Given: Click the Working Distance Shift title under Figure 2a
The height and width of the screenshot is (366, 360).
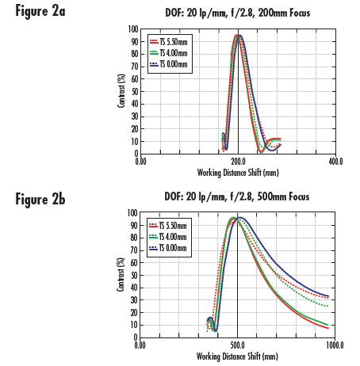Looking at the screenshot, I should point(238,170).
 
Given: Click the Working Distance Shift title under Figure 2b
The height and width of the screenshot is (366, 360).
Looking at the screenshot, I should point(238,354).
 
